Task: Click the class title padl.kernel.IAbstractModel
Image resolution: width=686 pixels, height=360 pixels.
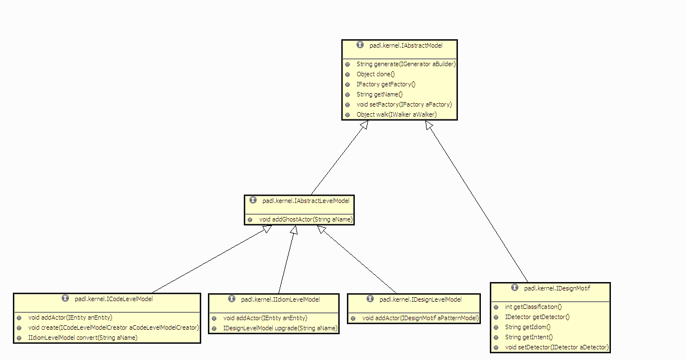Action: click(406, 45)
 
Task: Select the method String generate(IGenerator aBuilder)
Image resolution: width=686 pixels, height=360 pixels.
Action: click(406, 64)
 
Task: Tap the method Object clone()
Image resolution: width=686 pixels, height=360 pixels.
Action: click(376, 75)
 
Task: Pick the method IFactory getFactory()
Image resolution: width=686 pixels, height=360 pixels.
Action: click(386, 85)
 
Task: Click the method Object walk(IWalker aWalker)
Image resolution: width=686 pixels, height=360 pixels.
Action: click(396, 114)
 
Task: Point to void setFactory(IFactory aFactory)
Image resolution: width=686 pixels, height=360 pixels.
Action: click(404, 104)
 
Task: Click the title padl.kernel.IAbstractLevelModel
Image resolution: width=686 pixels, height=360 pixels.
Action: click(306, 200)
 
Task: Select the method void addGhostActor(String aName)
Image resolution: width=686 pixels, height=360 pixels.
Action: click(305, 219)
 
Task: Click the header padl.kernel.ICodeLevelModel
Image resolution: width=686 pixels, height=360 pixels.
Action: click(113, 299)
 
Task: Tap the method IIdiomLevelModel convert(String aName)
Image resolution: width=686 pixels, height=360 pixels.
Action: click(82, 338)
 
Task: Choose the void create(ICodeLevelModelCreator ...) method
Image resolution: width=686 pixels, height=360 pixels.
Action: click(113, 327)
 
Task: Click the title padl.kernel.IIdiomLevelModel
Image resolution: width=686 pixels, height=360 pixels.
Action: click(280, 299)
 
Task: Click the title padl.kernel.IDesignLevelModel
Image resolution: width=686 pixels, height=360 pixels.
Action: click(420, 299)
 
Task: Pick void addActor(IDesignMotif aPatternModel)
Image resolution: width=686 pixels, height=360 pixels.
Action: click(420, 319)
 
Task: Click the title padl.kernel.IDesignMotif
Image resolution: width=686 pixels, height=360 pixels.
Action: click(557, 288)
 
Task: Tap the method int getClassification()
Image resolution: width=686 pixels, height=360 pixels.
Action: click(533, 307)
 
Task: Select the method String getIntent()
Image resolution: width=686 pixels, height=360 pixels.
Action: click(529, 338)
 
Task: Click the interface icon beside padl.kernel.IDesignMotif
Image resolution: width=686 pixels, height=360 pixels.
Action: click(514, 288)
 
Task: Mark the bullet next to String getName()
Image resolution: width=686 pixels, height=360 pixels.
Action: click(347, 95)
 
